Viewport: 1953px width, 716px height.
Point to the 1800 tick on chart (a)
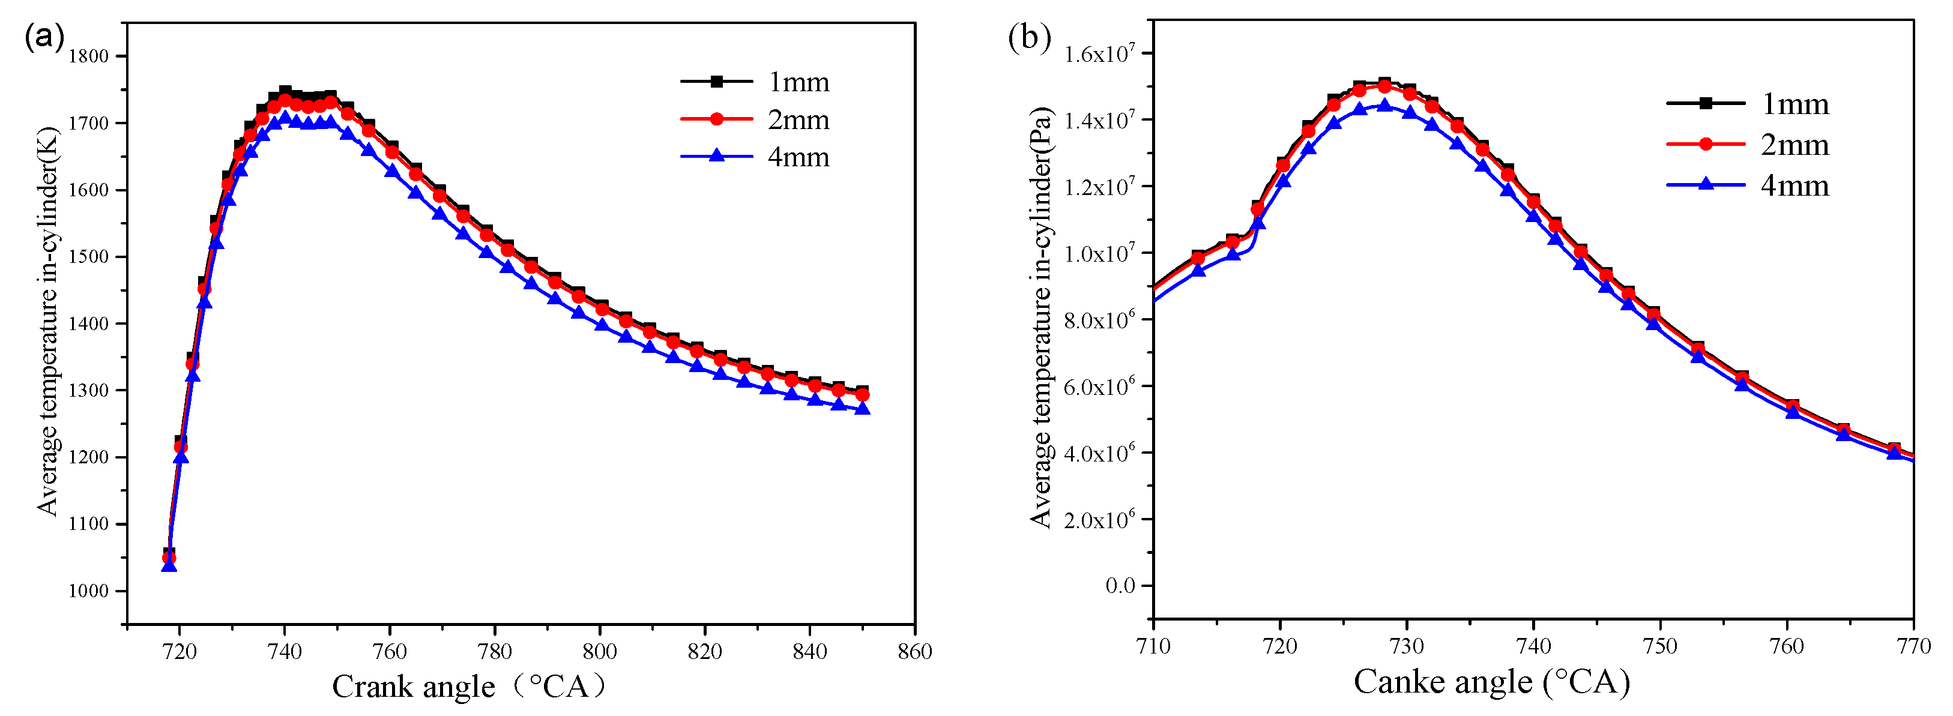pos(89,56)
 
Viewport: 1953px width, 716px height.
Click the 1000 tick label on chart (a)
pos(89,591)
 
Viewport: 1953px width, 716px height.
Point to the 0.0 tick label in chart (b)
pos(1120,585)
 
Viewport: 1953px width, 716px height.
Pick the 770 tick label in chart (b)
pos(1913,646)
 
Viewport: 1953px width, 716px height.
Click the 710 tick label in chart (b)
pos(1153,646)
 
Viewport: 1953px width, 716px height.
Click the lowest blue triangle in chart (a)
pos(169,565)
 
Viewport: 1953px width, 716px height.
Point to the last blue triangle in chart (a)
pos(862,408)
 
